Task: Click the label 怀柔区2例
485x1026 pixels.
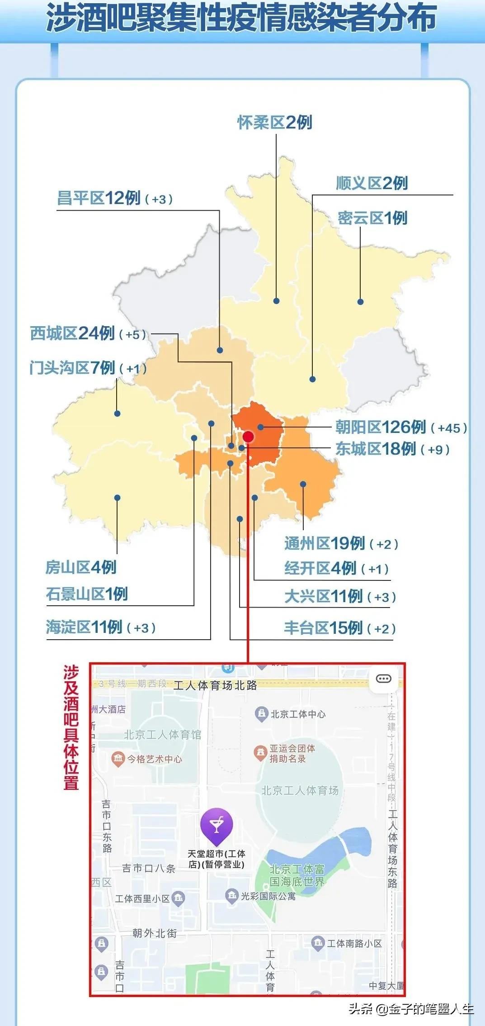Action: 275,122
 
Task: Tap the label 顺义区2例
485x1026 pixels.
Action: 372,183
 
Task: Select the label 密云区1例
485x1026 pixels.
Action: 372,218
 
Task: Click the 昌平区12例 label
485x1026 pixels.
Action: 99,198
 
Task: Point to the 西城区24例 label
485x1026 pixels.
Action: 72,333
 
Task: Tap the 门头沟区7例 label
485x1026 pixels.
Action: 72,367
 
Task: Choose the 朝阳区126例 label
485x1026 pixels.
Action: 381,427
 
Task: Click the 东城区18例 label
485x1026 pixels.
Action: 375,449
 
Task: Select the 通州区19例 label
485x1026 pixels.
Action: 325,543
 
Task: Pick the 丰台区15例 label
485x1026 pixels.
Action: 323,628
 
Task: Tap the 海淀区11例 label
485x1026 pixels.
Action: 84,627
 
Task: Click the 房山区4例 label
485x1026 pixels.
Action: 81,567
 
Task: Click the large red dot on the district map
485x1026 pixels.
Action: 248,437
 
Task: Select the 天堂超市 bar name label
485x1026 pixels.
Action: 217,859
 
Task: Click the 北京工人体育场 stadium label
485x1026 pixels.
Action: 300,790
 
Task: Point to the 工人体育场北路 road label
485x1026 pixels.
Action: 215,685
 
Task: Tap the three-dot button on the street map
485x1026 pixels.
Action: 384,679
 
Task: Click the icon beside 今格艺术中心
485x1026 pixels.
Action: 118,759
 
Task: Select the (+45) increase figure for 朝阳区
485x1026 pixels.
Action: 448,428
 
